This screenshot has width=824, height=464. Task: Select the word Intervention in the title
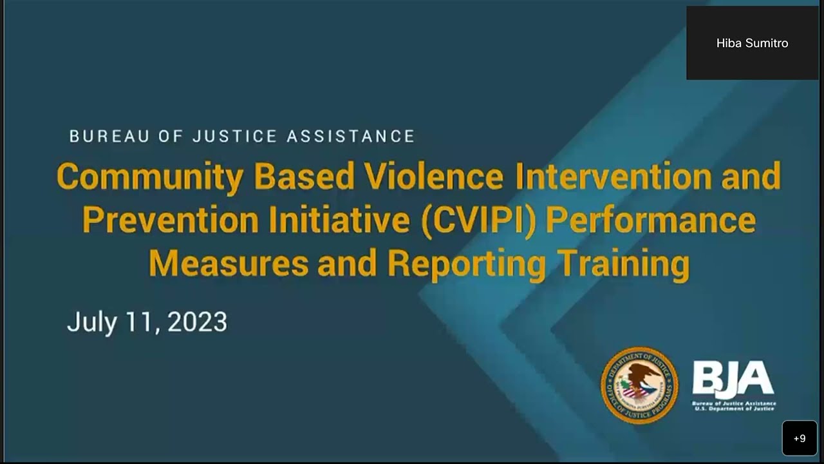(613, 176)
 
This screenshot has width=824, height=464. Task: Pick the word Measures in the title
(229, 263)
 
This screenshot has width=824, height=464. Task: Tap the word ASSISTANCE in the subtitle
(351, 137)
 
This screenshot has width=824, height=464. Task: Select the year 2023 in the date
(197, 322)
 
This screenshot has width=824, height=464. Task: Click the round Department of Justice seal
(639, 385)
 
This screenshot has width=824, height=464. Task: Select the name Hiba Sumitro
(752, 43)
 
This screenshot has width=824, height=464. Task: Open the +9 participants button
(800, 438)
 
